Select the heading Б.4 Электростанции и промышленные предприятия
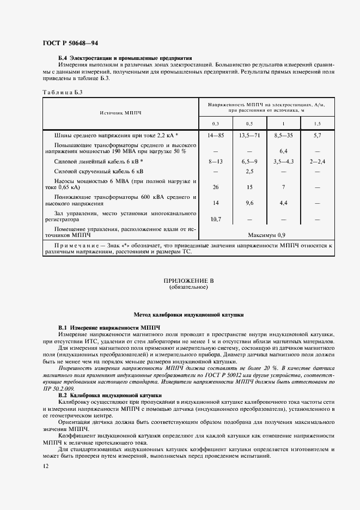[125, 58]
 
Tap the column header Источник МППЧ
[120, 113]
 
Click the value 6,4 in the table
[283, 151]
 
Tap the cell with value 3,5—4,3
[283, 162]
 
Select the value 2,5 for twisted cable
[249, 172]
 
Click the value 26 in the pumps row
[216, 187]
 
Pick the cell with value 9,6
[249, 203]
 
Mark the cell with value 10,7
[216, 219]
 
